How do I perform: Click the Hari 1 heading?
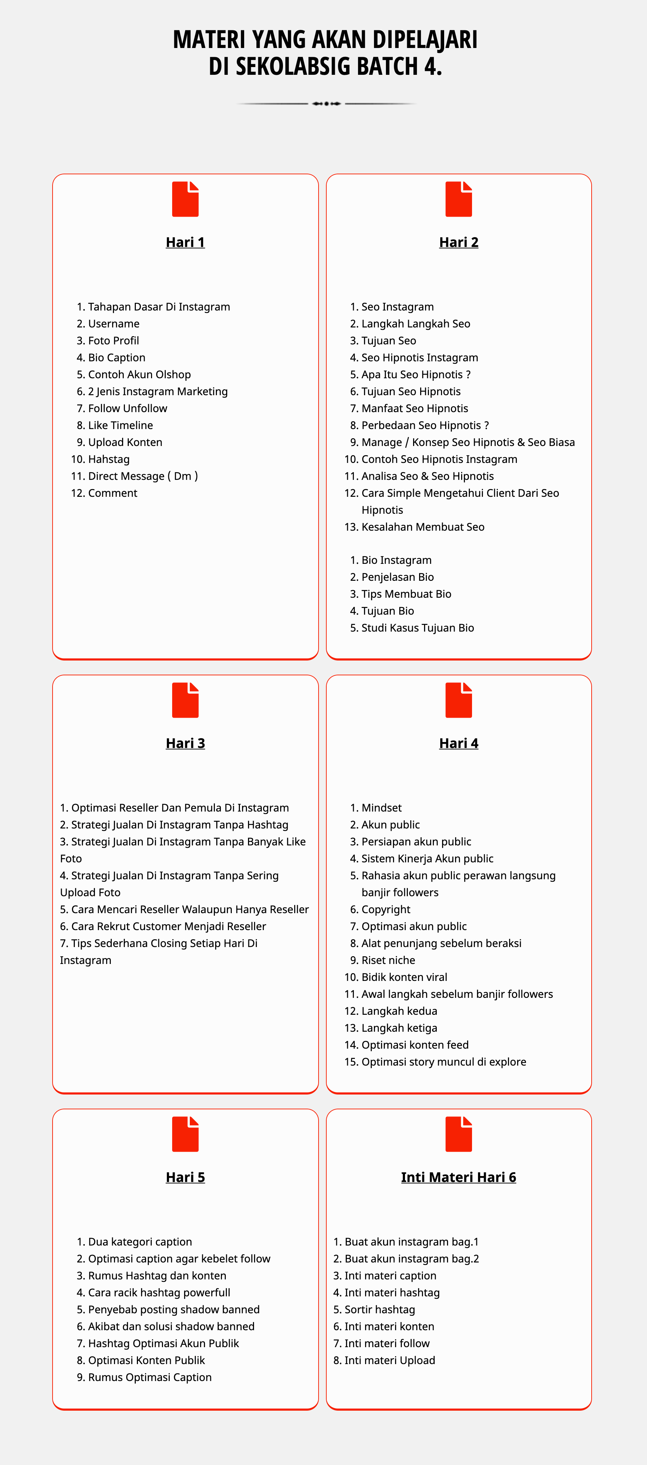[185, 242]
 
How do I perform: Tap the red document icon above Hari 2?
[458, 199]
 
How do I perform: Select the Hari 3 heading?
[185, 743]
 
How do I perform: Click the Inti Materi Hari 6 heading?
[458, 1177]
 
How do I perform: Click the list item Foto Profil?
[113, 340]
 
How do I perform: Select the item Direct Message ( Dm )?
[143, 476]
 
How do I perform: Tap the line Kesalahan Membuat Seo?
[422, 527]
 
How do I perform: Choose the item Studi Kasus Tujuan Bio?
[417, 628]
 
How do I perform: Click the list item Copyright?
[386, 909]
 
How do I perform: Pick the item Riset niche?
[388, 960]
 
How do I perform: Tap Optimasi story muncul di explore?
[443, 1062]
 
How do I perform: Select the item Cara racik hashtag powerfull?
[159, 1293]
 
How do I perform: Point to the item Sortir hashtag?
[379, 1310]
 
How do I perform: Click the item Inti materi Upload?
[389, 1360]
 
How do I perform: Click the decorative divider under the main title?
[326, 103]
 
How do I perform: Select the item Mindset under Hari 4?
[381, 808]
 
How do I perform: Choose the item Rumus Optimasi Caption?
[150, 1377]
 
